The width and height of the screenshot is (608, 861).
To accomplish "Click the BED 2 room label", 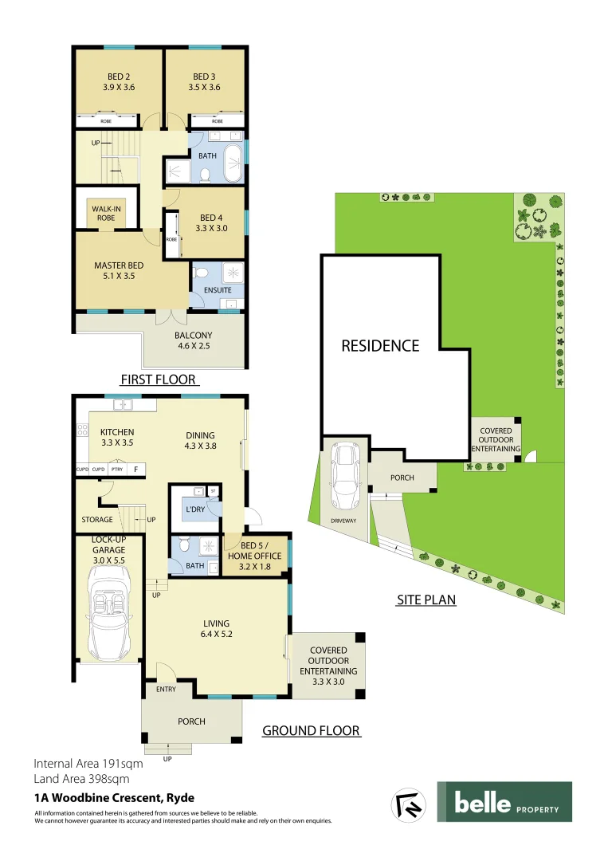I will (117, 77).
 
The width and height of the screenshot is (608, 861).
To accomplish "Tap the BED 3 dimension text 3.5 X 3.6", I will (204, 88).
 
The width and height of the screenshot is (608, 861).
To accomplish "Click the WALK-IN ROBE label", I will (106, 213).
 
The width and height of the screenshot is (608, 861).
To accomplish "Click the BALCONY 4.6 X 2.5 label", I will (193, 340).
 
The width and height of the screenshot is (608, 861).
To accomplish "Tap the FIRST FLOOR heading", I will (158, 379).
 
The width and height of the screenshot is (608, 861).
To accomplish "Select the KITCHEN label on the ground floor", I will (117, 433).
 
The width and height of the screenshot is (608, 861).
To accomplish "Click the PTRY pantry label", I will (117, 470).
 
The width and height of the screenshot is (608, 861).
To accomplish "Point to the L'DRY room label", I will (195, 509).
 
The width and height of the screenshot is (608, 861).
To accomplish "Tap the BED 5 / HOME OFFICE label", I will (255, 562).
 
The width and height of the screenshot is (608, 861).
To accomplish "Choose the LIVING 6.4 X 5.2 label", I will (216, 629).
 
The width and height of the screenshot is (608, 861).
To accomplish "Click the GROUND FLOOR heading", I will (311, 730).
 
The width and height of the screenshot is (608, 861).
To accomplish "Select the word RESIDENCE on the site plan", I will (380, 346).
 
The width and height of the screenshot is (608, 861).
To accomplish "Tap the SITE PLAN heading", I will (426, 600).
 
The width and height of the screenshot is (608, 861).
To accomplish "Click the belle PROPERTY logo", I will (504, 802).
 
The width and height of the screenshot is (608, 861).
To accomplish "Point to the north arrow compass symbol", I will (408, 804).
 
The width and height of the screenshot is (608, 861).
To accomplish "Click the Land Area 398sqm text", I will (81, 779).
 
